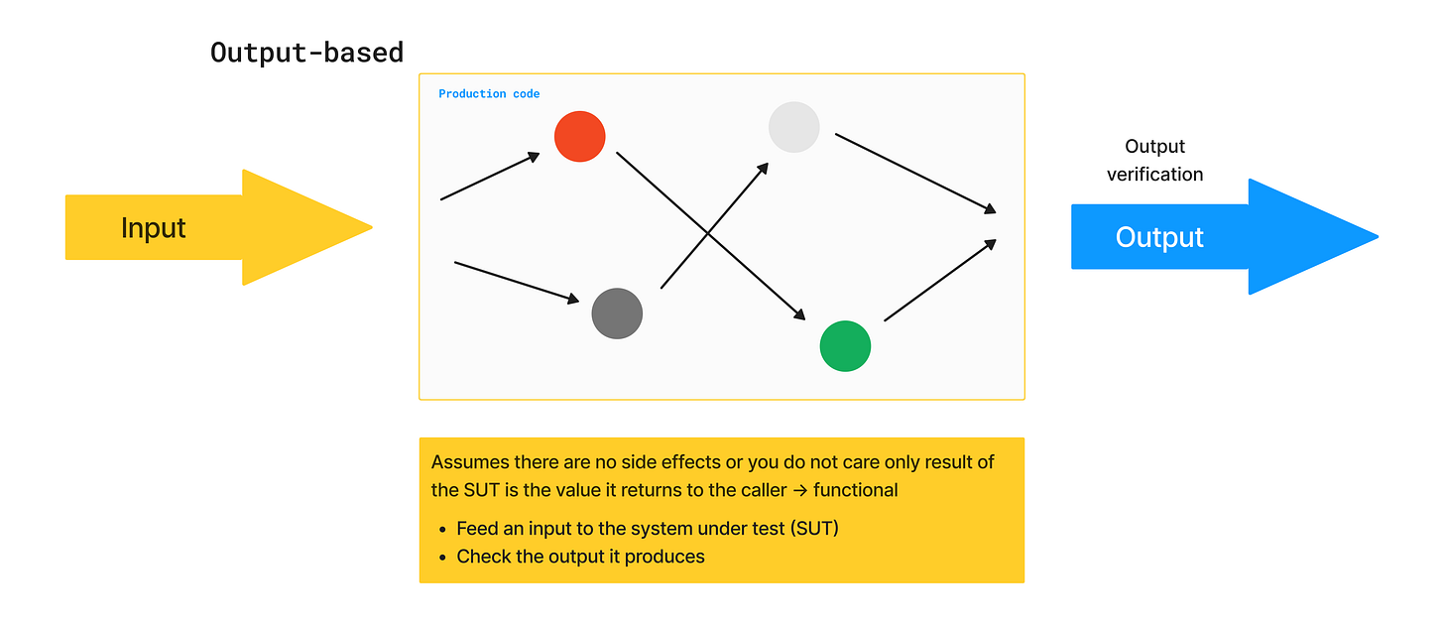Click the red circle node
[580, 136]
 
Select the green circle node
[845, 346]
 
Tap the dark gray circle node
[617, 313]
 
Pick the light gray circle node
[793, 127]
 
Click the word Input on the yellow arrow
[154, 228]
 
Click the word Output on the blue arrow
[1159, 237]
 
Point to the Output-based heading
[306, 52]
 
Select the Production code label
[489, 94]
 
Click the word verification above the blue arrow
[1155, 175]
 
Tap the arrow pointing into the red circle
[490, 177]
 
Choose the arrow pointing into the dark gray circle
[517, 282]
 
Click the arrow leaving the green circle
[939, 280]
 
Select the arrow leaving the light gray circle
[914, 172]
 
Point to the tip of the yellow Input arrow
[369, 227]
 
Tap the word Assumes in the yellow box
[471, 462]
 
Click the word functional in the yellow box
[855, 490]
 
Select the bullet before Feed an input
[442, 529]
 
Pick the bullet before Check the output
[442, 558]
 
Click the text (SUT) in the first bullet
[814, 529]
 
